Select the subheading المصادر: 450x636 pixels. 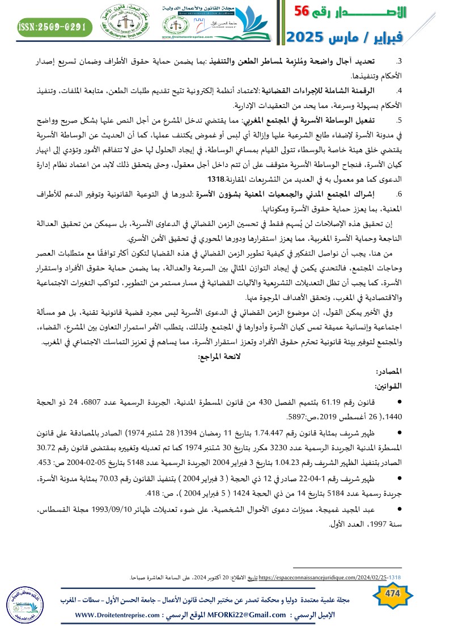(x=388, y=372)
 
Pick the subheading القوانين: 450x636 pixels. (x=388, y=386)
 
